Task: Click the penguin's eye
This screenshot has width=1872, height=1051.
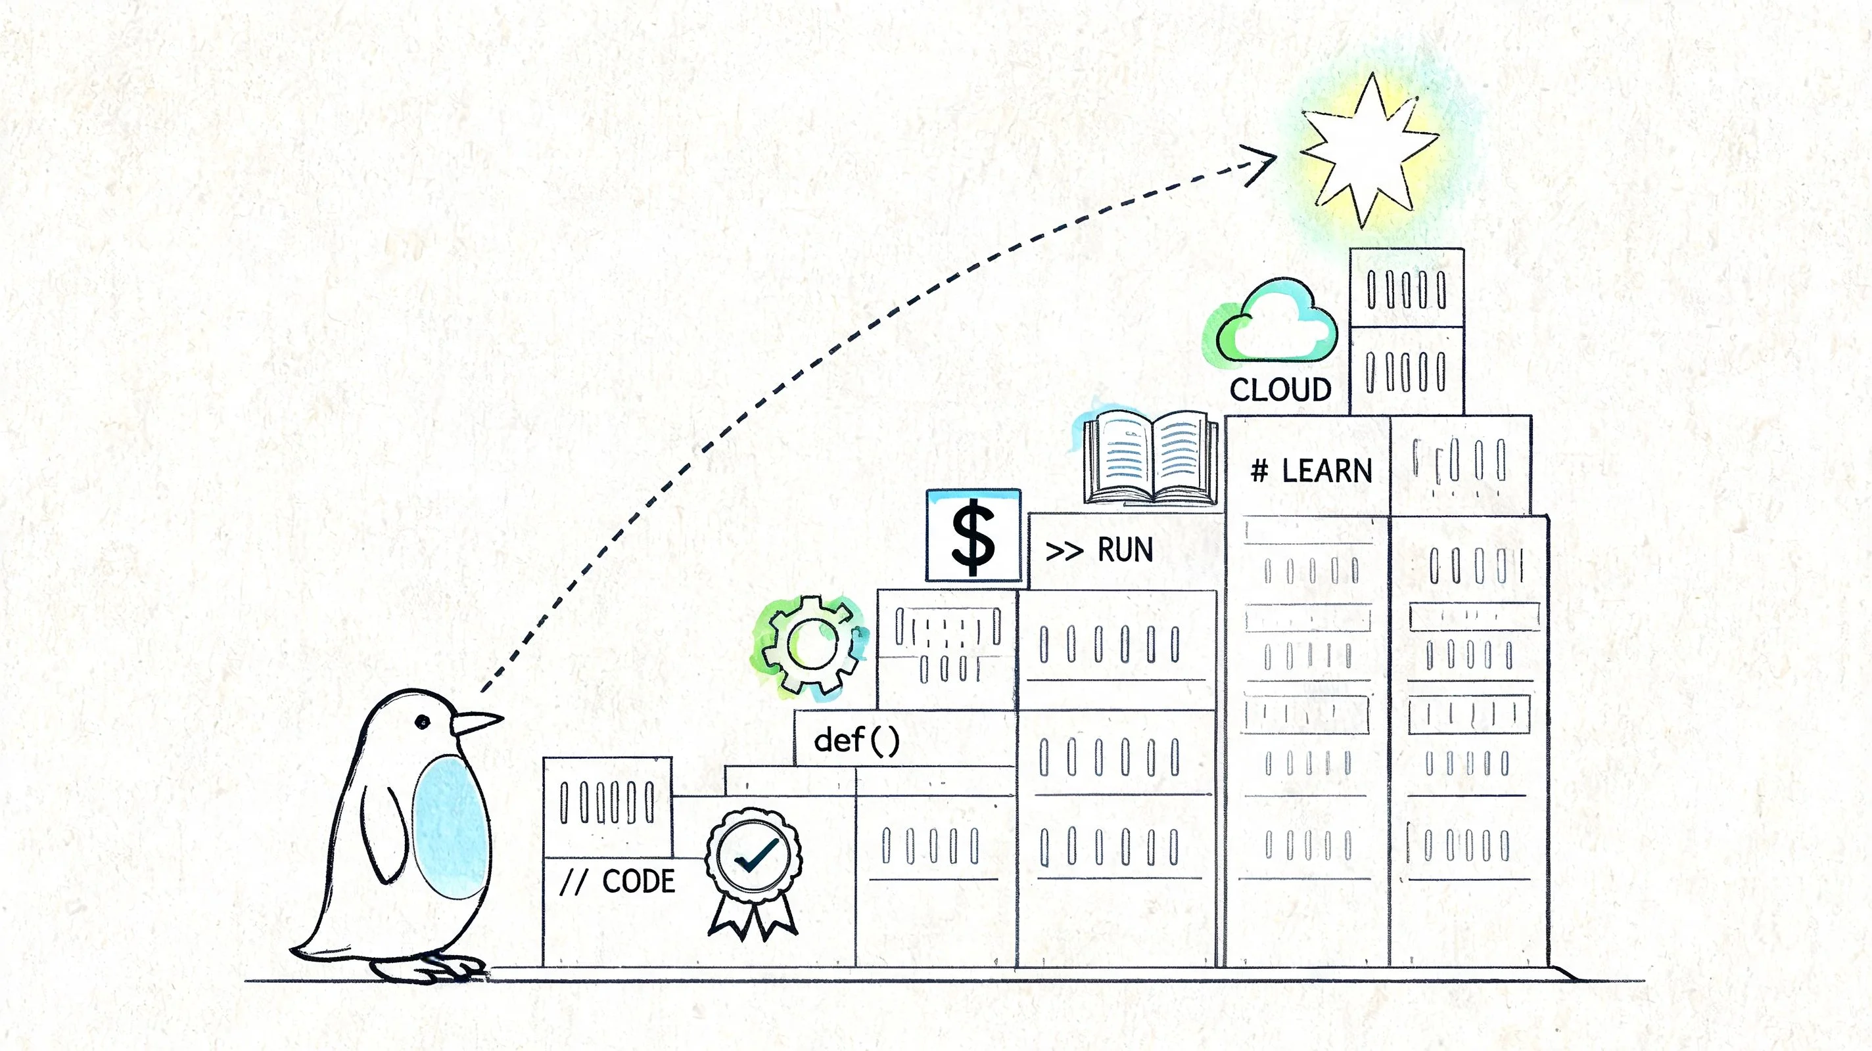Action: pyautogui.click(x=422, y=721)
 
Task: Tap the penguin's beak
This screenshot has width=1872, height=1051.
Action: pyautogui.click(x=476, y=722)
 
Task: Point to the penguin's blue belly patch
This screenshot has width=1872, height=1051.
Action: pyautogui.click(x=450, y=826)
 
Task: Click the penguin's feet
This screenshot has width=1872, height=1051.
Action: pyautogui.click(x=429, y=968)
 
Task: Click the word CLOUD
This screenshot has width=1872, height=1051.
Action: pyautogui.click(x=1280, y=390)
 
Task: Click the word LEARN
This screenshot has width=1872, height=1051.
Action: pyautogui.click(x=1327, y=472)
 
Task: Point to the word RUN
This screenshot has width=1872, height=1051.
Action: pyautogui.click(x=1125, y=550)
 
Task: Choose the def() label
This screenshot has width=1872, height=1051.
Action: pyautogui.click(x=856, y=741)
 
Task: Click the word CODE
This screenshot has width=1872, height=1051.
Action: pyautogui.click(x=639, y=881)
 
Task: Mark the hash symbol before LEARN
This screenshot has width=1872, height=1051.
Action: pyautogui.click(x=1259, y=472)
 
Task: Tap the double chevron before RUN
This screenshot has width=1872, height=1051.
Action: pyautogui.click(x=1064, y=551)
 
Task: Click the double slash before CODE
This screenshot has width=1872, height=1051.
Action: pyautogui.click(x=573, y=882)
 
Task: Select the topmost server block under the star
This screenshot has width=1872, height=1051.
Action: pyautogui.click(x=1406, y=288)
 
